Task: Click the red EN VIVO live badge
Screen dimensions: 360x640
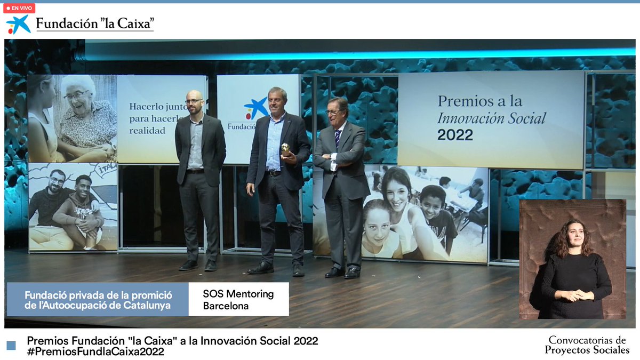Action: click(19, 9)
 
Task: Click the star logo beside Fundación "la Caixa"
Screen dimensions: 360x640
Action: click(18, 25)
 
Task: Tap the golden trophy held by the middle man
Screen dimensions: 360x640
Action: click(286, 149)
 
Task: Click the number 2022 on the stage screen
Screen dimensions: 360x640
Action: click(455, 135)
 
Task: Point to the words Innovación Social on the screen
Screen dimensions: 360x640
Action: click(491, 118)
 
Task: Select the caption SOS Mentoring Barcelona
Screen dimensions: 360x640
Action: click(238, 300)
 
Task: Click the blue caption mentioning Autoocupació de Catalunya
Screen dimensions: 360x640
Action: click(98, 300)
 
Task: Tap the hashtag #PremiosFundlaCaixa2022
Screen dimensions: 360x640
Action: click(95, 352)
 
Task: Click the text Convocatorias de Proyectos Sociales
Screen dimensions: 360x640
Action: click(587, 345)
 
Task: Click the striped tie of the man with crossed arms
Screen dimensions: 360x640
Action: click(338, 138)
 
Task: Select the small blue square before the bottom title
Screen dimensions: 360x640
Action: click(11, 346)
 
